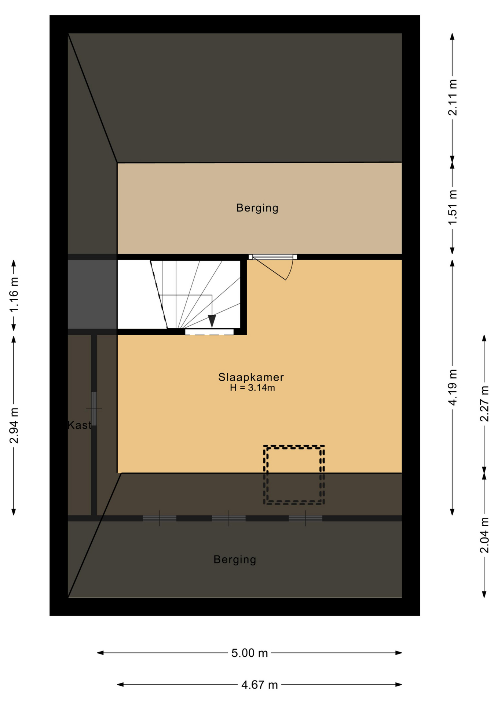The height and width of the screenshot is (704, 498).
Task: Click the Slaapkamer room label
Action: [x=251, y=377]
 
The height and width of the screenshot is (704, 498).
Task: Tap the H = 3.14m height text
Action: [x=252, y=388]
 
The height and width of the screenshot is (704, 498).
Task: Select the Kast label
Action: [x=79, y=425]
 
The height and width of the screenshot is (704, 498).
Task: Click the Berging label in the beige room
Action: [x=257, y=208]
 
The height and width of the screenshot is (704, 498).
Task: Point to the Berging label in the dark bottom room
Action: [x=235, y=560]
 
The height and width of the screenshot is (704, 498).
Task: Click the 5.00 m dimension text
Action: [x=249, y=653]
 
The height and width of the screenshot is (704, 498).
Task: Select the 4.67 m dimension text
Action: [x=260, y=685]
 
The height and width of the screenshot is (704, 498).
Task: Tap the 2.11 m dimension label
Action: [x=453, y=98]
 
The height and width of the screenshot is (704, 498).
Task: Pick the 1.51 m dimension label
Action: [x=453, y=207]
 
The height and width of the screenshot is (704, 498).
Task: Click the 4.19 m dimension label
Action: [x=453, y=387]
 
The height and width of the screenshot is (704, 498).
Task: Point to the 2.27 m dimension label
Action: [x=484, y=404]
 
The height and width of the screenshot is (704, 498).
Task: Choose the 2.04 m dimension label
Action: [x=484, y=535]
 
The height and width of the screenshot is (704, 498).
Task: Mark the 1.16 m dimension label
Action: [x=14, y=294]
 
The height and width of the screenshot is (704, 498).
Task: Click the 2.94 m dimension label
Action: [x=14, y=425]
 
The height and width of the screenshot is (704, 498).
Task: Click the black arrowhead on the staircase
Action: [x=212, y=321]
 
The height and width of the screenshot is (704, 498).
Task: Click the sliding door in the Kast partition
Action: [x=94, y=408]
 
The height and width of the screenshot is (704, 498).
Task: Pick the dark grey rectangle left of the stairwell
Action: [x=92, y=294]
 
